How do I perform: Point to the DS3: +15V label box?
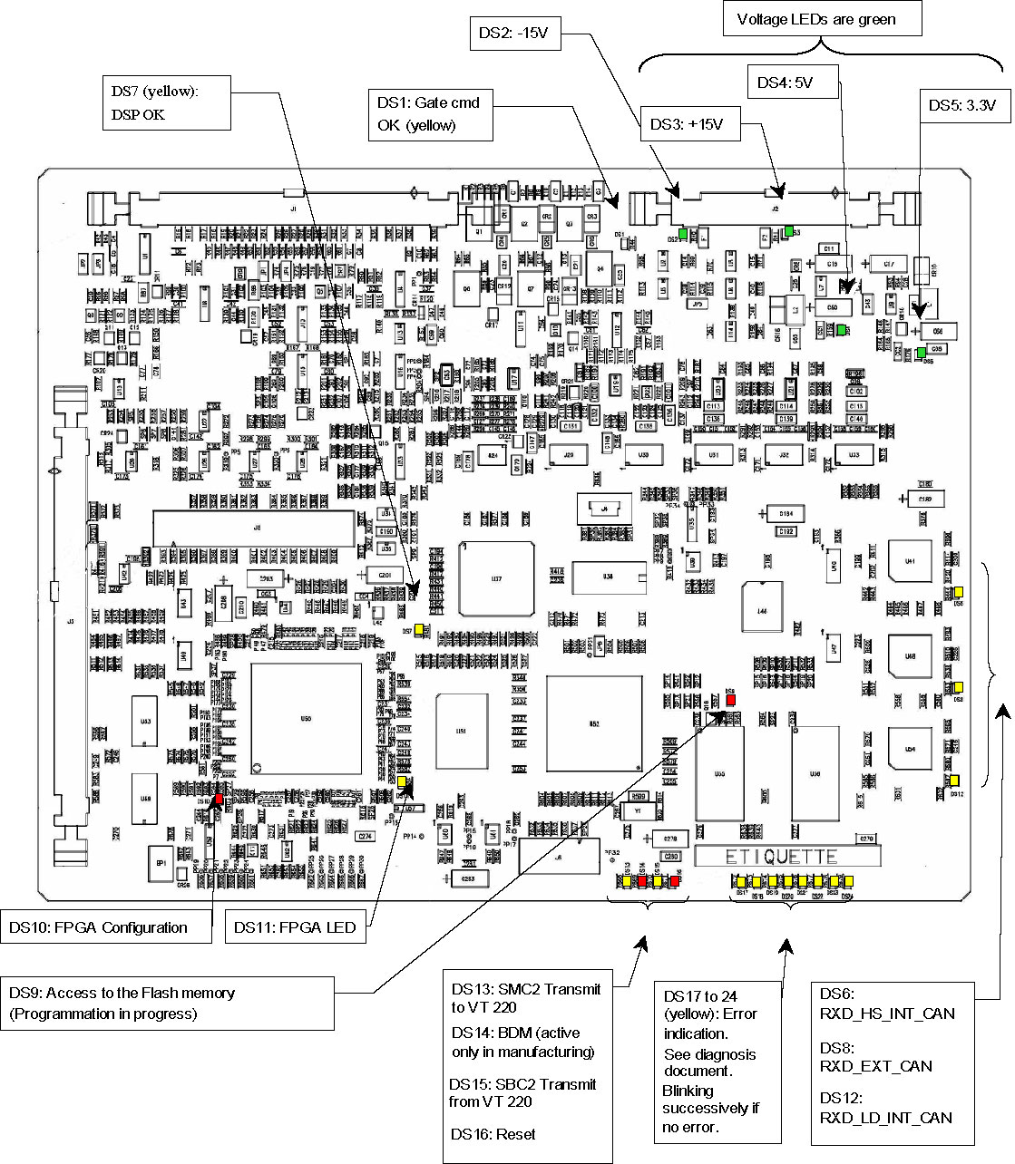pos(688,124)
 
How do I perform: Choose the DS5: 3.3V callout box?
pos(962,105)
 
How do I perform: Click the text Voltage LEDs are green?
pos(815,19)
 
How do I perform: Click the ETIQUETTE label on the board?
pos(786,856)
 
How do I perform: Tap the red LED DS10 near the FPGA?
pos(219,799)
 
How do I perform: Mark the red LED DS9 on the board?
pos(731,700)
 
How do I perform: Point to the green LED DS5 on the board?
pos(921,352)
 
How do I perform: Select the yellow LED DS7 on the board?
pos(422,630)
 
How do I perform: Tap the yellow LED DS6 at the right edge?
pos(958,593)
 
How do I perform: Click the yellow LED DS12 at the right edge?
pos(956,781)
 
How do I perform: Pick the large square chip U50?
pos(306,718)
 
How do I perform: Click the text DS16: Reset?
pos(493,1134)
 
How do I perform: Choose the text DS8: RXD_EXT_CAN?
pos(875,1056)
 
